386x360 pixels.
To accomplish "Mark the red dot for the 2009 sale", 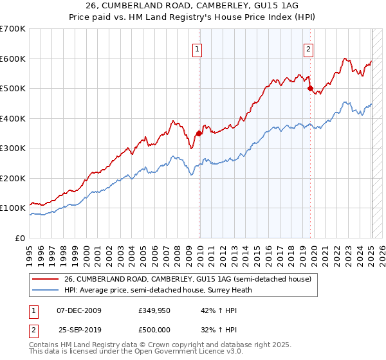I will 199,133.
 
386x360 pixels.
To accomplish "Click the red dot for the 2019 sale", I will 310,88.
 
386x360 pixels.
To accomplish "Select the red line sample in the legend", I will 46,279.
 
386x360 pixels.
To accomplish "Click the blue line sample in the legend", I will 46,290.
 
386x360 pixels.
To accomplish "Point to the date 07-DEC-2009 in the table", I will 79,311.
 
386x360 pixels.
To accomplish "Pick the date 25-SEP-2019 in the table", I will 79,329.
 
